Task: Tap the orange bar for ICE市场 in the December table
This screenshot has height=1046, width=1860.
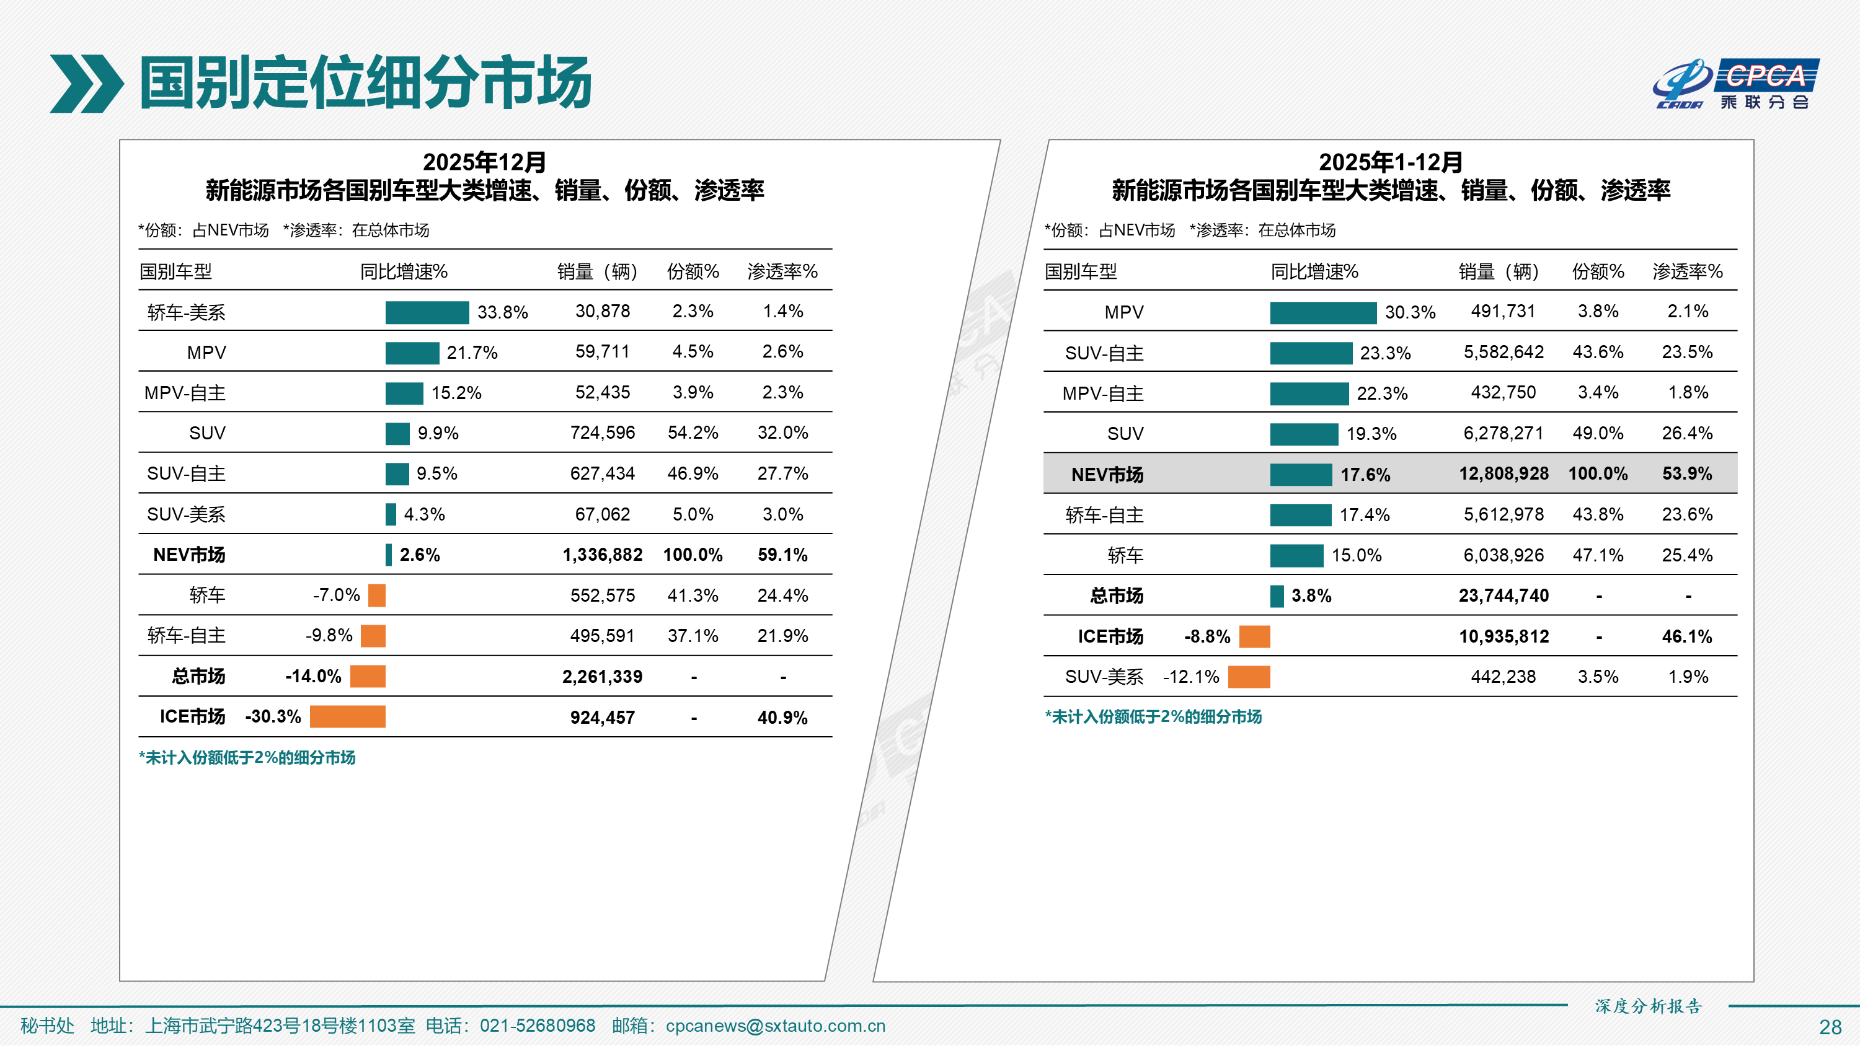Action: click(347, 717)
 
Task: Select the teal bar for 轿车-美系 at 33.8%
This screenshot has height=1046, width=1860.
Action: click(427, 312)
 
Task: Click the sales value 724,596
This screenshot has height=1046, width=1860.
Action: click(602, 433)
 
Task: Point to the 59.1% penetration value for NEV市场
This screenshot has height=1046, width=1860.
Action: click(782, 555)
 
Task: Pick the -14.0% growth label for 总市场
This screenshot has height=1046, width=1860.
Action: click(313, 677)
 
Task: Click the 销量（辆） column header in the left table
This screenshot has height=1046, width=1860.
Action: click(597, 271)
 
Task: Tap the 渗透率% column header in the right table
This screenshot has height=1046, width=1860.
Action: click(1688, 271)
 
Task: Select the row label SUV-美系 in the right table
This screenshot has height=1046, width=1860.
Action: click(1104, 677)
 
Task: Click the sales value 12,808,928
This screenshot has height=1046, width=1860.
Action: click(1503, 473)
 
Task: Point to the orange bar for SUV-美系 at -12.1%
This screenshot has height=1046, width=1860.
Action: click(1249, 677)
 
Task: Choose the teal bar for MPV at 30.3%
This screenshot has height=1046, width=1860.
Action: click(1323, 312)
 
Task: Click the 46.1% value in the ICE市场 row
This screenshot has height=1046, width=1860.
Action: click(1686, 636)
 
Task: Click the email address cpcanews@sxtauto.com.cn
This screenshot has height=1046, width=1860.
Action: click(775, 1026)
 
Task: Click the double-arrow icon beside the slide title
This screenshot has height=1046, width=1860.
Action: click(86, 84)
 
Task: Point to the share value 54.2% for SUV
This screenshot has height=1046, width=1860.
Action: click(693, 433)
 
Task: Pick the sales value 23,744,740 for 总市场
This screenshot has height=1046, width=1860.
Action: click(1503, 596)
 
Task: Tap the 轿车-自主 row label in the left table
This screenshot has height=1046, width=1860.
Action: click(186, 636)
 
